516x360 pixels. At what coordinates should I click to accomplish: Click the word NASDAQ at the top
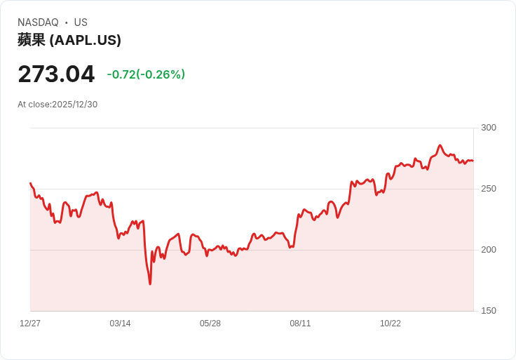pos(38,22)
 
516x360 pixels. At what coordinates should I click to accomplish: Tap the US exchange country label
pos(81,22)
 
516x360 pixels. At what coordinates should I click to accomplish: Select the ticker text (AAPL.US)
pos(86,40)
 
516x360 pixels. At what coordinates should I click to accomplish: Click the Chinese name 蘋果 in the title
pos(32,40)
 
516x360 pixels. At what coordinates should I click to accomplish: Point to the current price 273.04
pos(56,74)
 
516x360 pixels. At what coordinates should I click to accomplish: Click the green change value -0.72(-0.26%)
pos(146,74)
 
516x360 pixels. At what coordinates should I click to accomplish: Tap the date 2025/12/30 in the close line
pos(75,105)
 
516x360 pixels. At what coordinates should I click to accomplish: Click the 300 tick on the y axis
pos(489,128)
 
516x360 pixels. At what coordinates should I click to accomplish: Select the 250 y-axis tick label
pos(489,189)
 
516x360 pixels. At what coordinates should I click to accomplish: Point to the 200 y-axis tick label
pos(489,250)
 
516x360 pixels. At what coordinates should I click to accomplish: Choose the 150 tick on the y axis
pos(489,311)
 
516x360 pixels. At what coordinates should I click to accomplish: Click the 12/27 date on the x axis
pos(30,324)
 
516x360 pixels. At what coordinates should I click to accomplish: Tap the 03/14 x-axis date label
pos(120,324)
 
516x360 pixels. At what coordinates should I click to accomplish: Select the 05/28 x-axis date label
pos(210,324)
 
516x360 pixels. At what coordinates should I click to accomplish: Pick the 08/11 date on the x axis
pos(300,324)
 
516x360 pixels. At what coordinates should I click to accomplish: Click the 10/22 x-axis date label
pos(391,324)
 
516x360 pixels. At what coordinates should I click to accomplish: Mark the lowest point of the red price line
pos(150,284)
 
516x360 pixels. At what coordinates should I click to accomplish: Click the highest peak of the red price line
pos(440,145)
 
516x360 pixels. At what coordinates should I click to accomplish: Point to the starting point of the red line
pos(31,183)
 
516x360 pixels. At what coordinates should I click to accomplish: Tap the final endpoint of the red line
pos(473,161)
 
